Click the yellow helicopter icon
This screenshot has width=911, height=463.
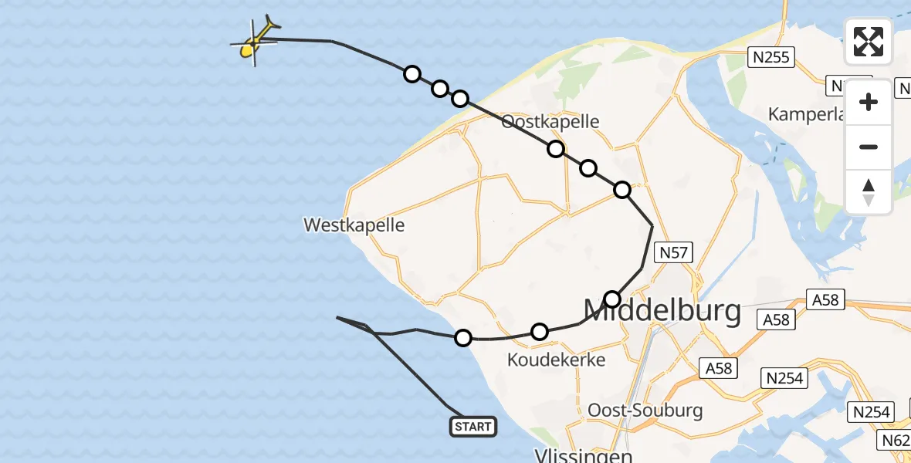coord(256,42)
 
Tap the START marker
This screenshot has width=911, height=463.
coord(472,427)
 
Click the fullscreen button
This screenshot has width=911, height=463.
coord(869,42)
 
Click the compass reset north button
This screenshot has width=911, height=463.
coord(869,191)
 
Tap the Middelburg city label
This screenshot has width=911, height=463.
coord(662,312)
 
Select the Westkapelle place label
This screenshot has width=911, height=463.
coord(354,225)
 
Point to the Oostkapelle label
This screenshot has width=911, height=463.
coord(550,122)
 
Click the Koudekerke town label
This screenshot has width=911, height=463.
coord(556,360)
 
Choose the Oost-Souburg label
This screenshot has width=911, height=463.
coord(645,410)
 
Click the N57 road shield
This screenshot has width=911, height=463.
coord(674,252)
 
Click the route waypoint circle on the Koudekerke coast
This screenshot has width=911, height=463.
coord(463,337)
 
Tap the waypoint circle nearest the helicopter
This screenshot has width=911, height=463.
coord(412,74)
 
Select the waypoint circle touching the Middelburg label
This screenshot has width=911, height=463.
coord(612,299)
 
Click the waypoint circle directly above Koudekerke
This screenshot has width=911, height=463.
coord(540,332)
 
